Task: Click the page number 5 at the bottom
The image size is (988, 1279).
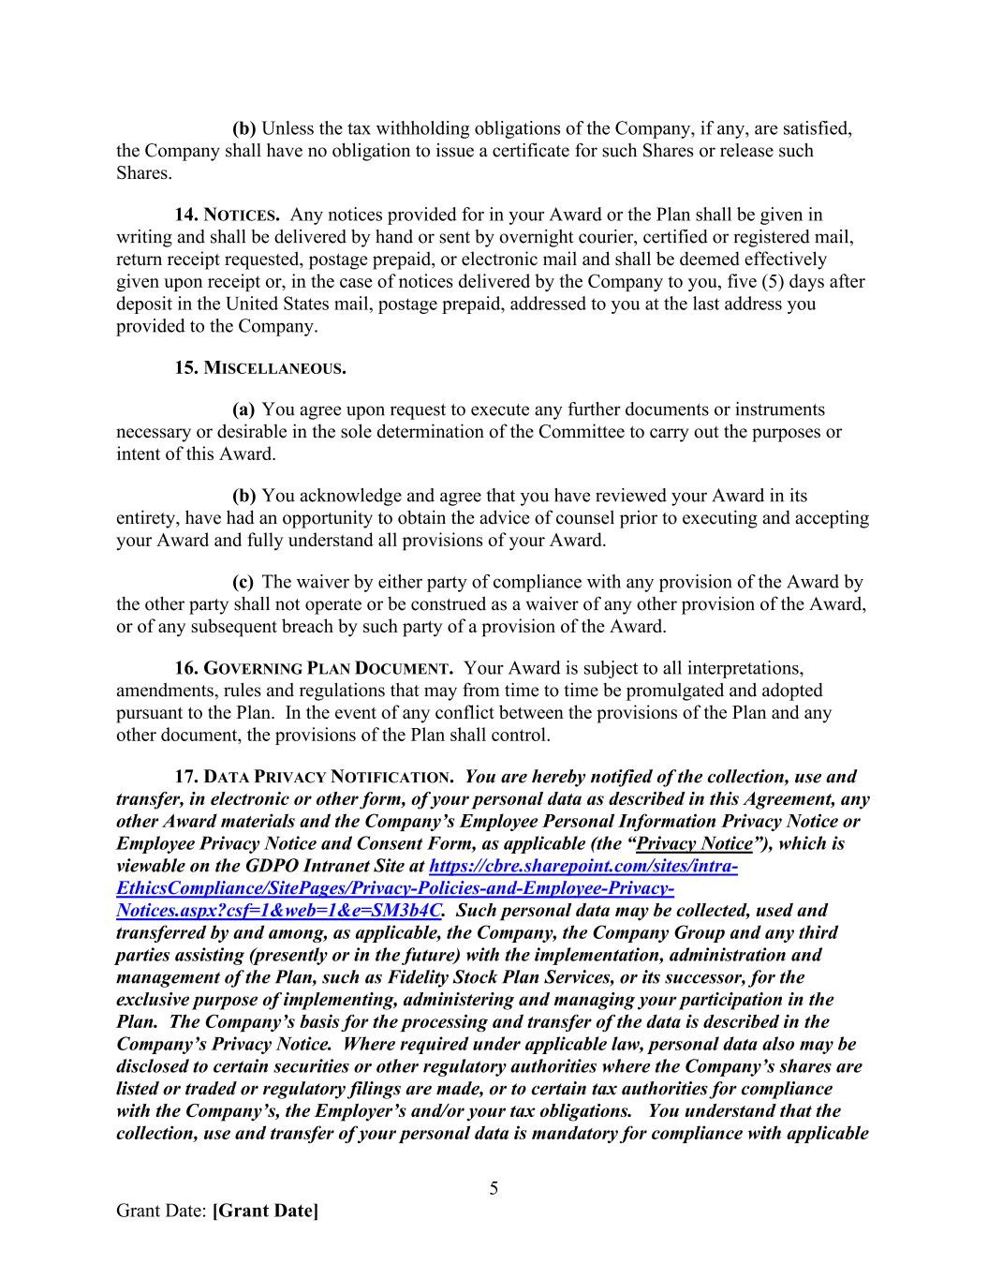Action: [x=494, y=1189]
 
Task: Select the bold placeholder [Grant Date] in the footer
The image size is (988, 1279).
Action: [x=265, y=1211]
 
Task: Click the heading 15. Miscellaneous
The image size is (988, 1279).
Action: [x=259, y=368]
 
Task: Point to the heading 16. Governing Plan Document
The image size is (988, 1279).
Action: [x=314, y=669]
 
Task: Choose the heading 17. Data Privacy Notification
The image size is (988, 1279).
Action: [x=314, y=778]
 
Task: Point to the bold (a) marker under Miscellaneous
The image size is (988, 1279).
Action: [x=243, y=410]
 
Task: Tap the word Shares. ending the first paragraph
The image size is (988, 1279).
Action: [x=143, y=173]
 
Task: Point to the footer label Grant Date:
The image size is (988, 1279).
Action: [x=161, y=1211]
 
